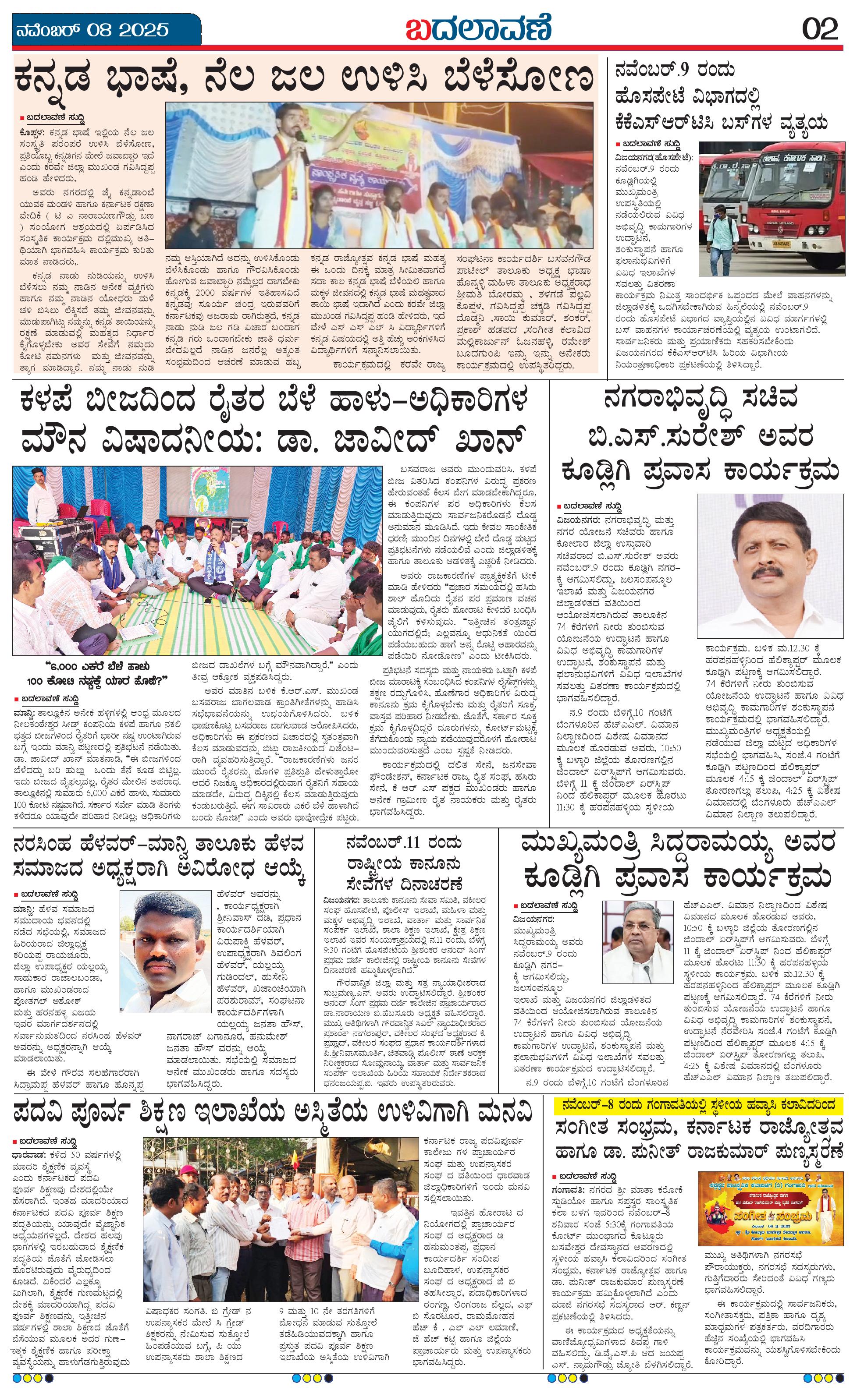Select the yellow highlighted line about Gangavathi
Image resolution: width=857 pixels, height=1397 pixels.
click(x=701, y=1104)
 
